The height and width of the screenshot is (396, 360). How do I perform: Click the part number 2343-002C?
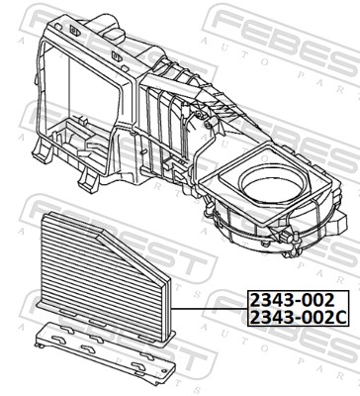coord(298,318)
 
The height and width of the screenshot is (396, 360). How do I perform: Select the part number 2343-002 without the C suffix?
coord(293,300)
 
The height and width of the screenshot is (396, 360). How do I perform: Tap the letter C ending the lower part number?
coord(340,318)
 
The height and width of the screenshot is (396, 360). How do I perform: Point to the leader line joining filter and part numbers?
coord(210,309)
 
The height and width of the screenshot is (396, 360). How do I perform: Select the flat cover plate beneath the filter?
coord(105,351)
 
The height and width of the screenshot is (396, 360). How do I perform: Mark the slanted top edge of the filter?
coord(135,255)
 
